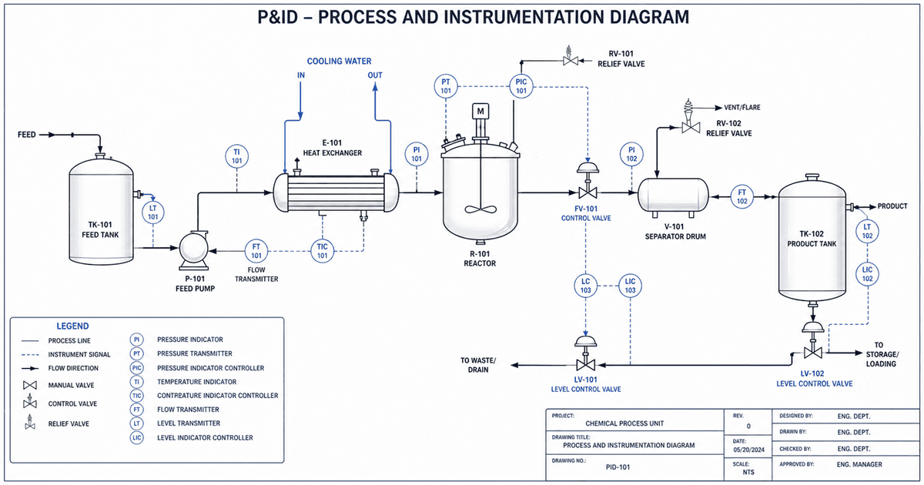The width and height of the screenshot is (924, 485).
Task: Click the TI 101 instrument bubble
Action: point(237,156)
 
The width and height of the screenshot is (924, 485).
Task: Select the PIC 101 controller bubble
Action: point(521,85)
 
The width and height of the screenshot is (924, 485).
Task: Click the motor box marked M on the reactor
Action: point(480,112)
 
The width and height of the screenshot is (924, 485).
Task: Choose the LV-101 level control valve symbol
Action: point(587,356)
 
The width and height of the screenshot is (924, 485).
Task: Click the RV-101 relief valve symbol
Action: point(571,59)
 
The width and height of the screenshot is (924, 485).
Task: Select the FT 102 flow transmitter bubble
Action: point(742,196)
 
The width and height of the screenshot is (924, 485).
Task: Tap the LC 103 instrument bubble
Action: point(586,286)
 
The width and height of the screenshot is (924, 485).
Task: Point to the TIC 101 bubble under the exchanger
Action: point(323,250)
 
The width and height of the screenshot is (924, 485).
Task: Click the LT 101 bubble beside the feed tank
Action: point(152,212)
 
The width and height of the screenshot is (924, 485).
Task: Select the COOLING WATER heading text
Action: point(339,61)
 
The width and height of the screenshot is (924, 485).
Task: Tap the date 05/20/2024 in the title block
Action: point(748,450)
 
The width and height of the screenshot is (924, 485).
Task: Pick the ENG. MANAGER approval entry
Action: point(859,465)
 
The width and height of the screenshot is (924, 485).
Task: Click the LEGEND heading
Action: point(72,326)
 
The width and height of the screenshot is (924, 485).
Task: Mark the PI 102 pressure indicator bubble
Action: point(631,154)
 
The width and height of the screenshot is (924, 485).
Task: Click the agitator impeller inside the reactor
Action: point(480,210)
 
